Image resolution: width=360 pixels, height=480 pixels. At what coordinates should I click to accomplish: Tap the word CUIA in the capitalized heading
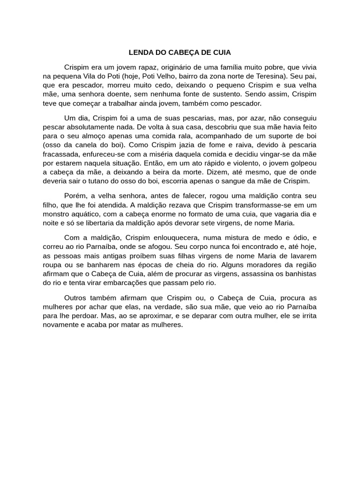click(221, 52)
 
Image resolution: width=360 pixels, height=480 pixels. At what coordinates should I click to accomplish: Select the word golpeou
click(302, 163)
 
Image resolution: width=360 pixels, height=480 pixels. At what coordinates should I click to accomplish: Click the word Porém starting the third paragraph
click(74, 195)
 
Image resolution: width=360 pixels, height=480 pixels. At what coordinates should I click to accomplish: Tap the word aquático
click(85, 214)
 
